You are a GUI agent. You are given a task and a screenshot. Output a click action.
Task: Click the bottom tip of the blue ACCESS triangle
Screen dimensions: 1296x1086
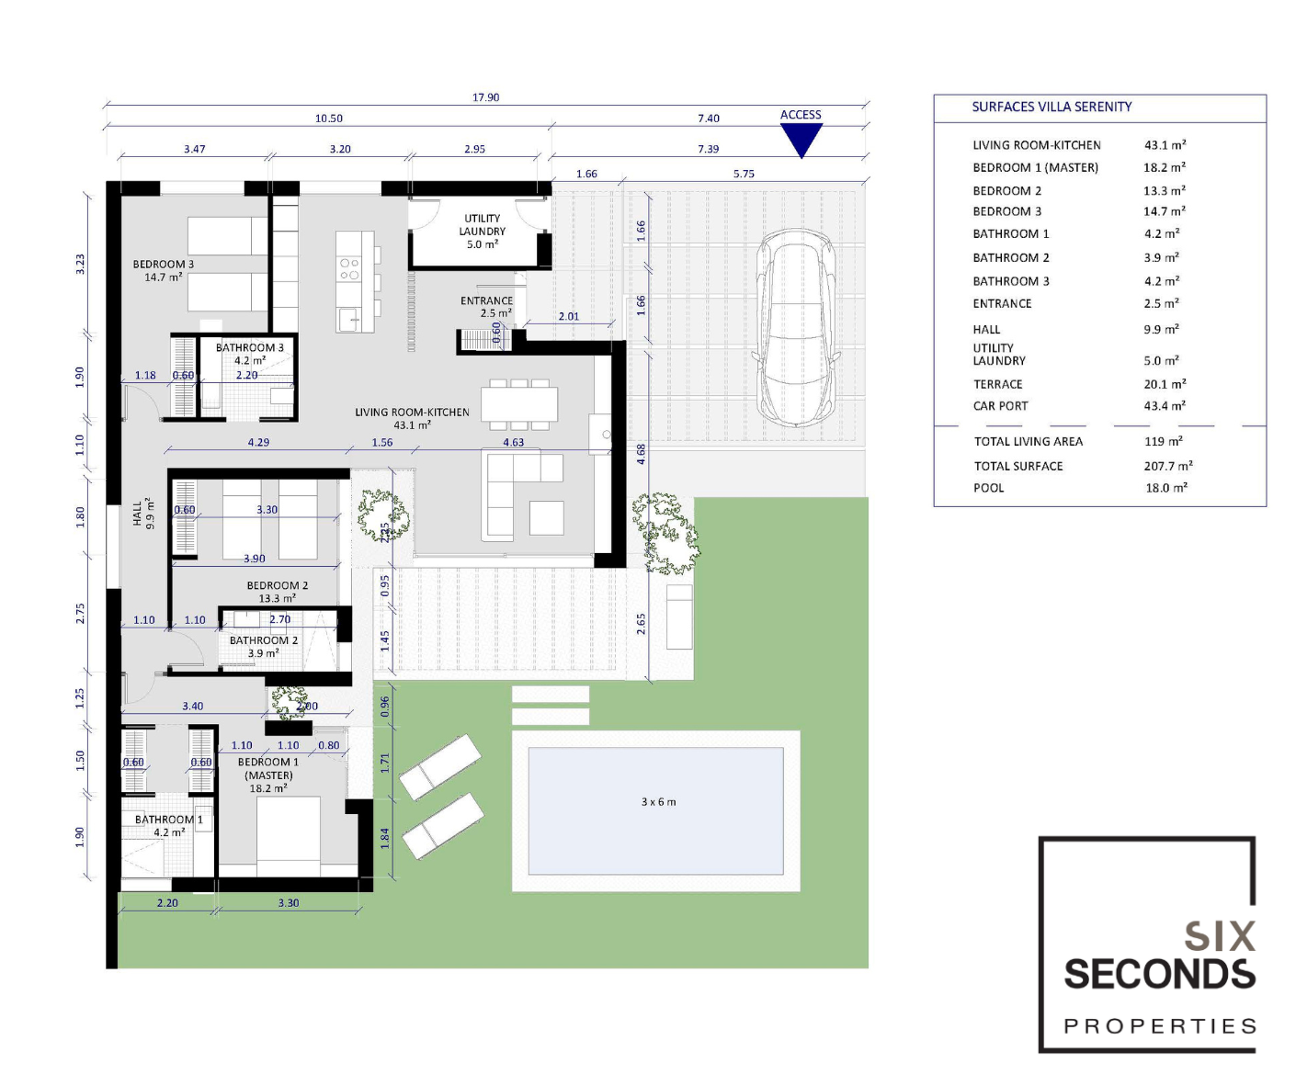pyautogui.click(x=801, y=158)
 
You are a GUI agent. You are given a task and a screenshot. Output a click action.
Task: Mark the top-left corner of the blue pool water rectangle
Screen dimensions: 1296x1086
pyautogui.click(x=529, y=748)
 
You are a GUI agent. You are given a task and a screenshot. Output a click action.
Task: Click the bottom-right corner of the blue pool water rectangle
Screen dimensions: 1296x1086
pyautogui.click(x=783, y=875)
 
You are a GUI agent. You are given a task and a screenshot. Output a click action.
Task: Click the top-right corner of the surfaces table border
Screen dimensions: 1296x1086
pyautogui.click(x=1267, y=95)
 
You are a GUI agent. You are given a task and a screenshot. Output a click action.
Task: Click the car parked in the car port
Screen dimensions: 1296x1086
pyautogui.click(x=796, y=328)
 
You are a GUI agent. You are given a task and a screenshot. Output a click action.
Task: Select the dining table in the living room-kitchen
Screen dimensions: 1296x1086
pyautogui.click(x=519, y=404)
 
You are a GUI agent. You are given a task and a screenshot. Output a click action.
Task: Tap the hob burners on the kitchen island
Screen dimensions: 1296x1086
pyautogui.click(x=349, y=268)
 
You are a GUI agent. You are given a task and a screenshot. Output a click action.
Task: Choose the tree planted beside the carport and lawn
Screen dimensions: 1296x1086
pyautogui.click(x=666, y=532)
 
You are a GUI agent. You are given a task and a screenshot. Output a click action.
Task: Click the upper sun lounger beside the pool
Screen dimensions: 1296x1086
pyautogui.click(x=440, y=767)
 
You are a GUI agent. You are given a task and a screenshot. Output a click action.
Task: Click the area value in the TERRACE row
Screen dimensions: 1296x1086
pyautogui.click(x=1165, y=384)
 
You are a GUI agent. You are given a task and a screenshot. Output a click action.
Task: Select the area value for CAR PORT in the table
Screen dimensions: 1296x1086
pyautogui.click(x=1165, y=406)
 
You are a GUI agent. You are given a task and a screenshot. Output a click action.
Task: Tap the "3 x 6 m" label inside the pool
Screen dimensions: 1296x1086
pyautogui.click(x=658, y=802)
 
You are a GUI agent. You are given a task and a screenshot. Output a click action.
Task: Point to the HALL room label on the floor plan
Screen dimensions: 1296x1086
pyautogui.click(x=142, y=514)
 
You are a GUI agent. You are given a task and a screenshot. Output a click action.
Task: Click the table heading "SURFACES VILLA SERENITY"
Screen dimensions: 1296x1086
pyautogui.click(x=1052, y=107)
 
